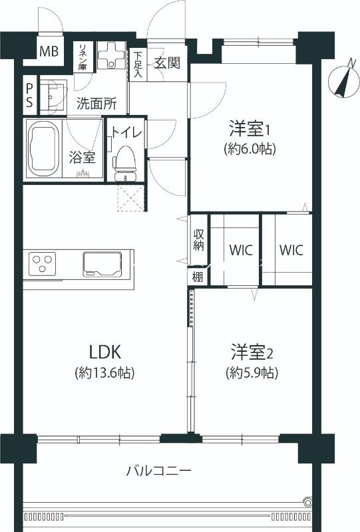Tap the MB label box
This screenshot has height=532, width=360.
click(x=49, y=51)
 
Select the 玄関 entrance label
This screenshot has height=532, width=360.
click(x=167, y=63)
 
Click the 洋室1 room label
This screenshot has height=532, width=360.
click(x=250, y=127)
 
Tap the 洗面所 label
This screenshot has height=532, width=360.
click(x=96, y=103)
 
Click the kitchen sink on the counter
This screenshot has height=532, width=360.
click(x=102, y=263)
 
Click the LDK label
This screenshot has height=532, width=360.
click(x=104, y=350)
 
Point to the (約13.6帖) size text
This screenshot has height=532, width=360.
click(x=104, y=373)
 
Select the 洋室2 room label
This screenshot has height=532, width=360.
click(x=252, y=350)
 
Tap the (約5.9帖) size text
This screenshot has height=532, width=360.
click(x=251, y=372)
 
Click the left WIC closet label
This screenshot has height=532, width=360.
click(x=241, y=251)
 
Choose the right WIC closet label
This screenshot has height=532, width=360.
click(x=291, y=251)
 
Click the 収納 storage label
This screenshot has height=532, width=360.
click(x=198, y=241)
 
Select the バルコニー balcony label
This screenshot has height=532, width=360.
click(x=159, y=471)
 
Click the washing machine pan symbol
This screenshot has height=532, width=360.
click(x=112, y=59)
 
